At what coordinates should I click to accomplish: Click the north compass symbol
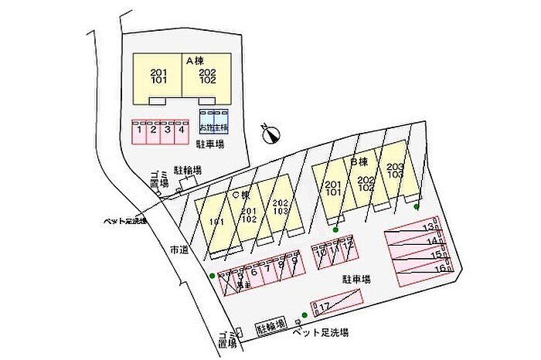pos(270,135)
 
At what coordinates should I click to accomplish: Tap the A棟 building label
pos(194,59)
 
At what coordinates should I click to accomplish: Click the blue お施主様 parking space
pos(213,128)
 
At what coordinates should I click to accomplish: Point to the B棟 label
pos(359,162)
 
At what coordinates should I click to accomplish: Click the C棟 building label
pos(240,195)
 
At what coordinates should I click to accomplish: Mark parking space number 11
pos(334,249)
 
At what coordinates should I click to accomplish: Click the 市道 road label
pos(179,250)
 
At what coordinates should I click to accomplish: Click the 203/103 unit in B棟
pos(395,172)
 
